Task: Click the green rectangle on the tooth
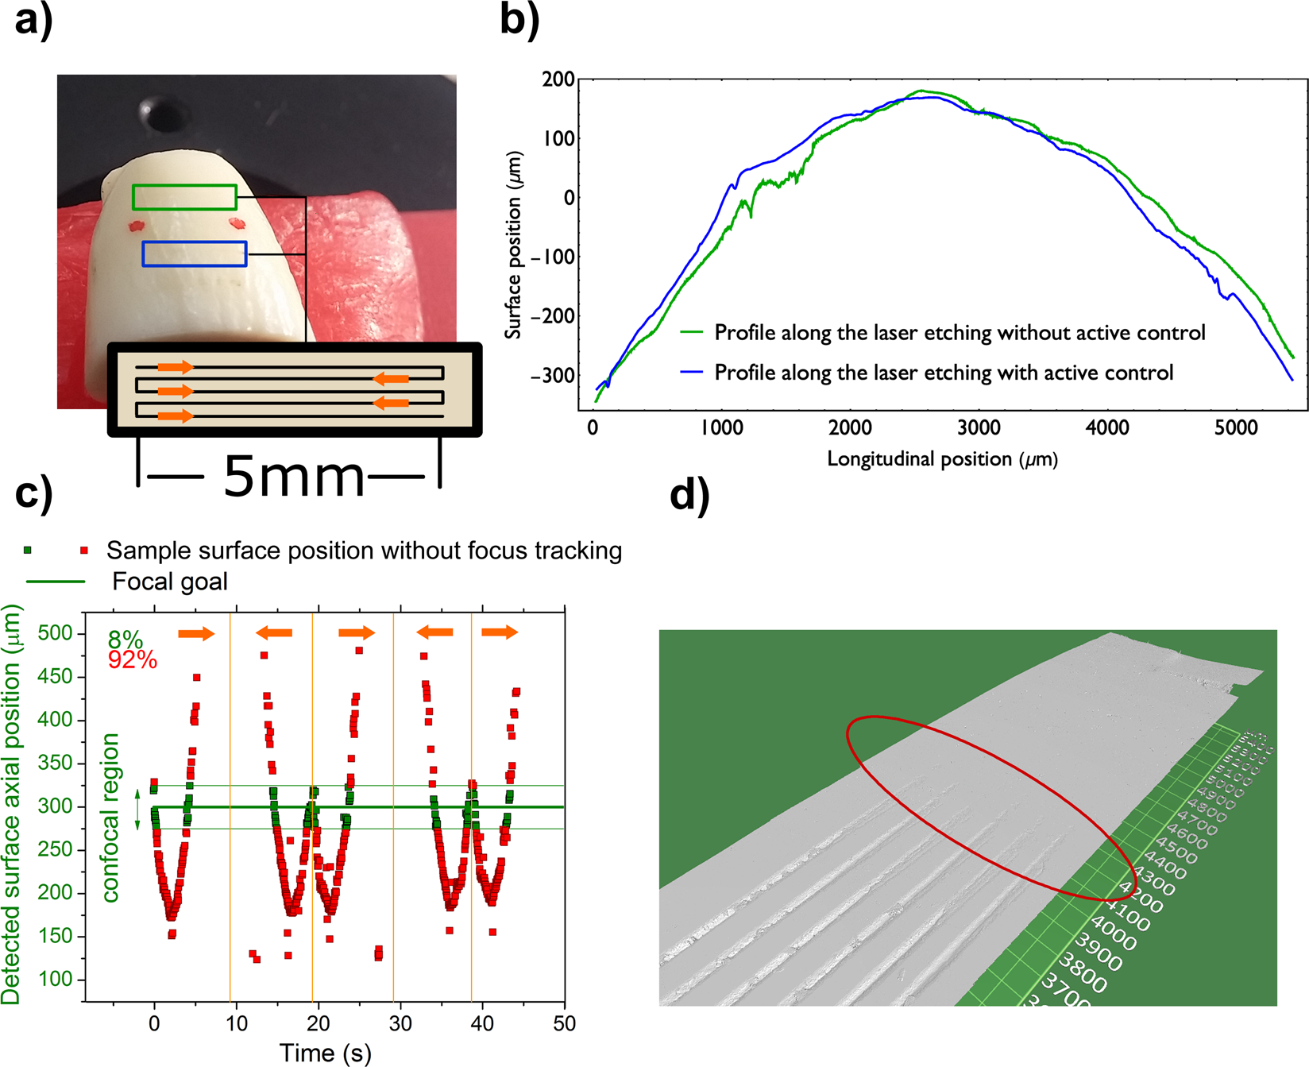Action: tap(184, 197)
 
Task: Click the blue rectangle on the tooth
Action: tap(195, 253)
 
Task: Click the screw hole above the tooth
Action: tap(168, 115)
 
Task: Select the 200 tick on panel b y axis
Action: tap(558, 79)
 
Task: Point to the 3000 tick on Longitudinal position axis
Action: tap(978, 428)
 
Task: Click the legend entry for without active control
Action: tap(959, 332)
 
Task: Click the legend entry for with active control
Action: tap(943, 373)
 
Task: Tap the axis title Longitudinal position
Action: tap(942, 459)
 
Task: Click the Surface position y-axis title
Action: tap(515, 245)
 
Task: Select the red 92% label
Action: tap(133, 659)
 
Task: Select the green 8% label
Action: tap(125, 640)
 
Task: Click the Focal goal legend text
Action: tap(170, 582)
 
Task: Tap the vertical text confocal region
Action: tap(110, 818)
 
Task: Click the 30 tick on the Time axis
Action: tap(400, 1023)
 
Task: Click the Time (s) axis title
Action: tap(325, 1053)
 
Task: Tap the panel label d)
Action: tap(689, 495)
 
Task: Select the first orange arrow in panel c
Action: tap(195, 633)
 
